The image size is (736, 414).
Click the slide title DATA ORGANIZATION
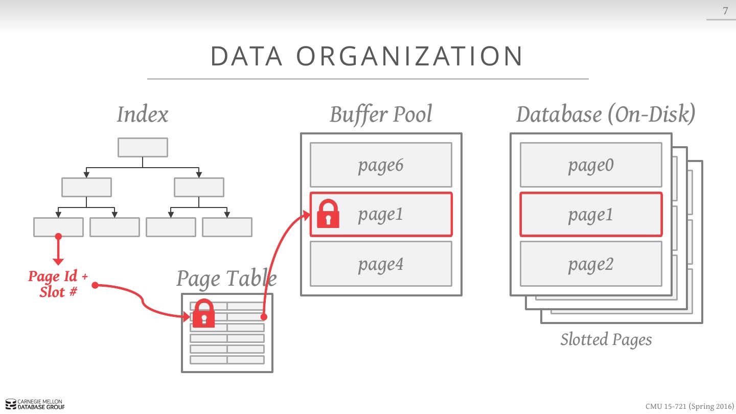(x=367, y=56)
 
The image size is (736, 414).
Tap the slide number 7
(x=725, y=11)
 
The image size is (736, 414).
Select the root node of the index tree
(x=143, y=147)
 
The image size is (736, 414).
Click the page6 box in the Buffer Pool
(x=381, y=165)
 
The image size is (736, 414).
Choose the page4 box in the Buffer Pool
(x=381, y=264)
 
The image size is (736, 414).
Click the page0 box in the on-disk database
(x=591, y=165)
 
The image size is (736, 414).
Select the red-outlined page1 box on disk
(x=591, y=215)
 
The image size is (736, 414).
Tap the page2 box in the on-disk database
(x=591, y=264)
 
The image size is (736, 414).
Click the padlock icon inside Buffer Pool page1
(x=328, y=214)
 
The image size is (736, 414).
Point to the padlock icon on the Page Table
(x=204, y=313)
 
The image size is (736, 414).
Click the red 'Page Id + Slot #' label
(x=58, y=284)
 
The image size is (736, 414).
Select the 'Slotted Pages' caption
(x=606, y=340)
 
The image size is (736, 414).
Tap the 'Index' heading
(x=142, y=114)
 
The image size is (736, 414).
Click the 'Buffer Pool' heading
(x=381, y=114)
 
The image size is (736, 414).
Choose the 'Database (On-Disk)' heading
(x=606, y=114)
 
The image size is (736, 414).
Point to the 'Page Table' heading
(x=226, y=279)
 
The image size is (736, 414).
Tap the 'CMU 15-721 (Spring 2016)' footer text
(x=689, y=406)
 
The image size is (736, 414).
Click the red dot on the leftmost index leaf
(x=58, y=236)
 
